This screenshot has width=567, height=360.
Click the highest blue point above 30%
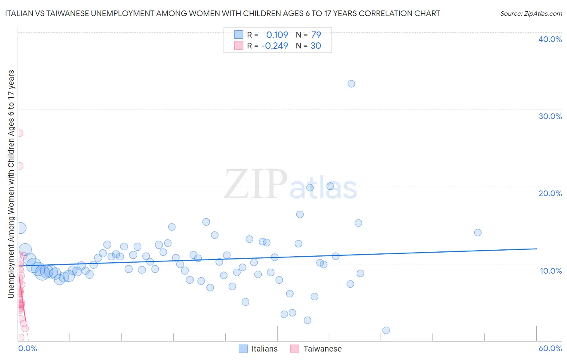click(x=351, y=84)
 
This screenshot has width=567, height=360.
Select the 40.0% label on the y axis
click(x=550, y=39)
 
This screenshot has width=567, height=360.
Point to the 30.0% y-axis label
click(x=550, y=116)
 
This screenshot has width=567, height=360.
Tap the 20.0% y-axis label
click(x=550, y=193)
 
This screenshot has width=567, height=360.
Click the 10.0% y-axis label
click(x=551, y=271)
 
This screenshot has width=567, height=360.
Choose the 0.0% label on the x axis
click(x=27, y=348)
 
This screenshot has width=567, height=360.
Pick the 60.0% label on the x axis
click(x=550, y=348)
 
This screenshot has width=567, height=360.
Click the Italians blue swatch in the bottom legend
click(x=243, y=349)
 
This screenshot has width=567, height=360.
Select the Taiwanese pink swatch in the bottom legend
click(x=295, y=349)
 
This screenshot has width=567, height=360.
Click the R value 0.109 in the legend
click(x=277, y=35)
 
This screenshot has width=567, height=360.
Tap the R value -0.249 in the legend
click(x=275, y=46)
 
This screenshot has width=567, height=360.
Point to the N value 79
click(x=316, y=35)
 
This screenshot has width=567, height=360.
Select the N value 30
click(x=316, y=46)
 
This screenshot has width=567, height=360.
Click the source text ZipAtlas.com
click(x=531, y=13)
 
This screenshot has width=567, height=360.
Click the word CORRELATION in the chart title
click(x=386, y=13)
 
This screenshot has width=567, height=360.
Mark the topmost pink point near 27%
click(x=19, y=133)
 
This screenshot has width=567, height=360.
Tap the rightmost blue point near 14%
click(x=478, y=232)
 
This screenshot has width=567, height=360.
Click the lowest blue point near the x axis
click(x=386, y=331)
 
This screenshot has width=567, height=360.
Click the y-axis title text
click(x=11, y=184)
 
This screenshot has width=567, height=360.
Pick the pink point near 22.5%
click(x=19, y=166)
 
